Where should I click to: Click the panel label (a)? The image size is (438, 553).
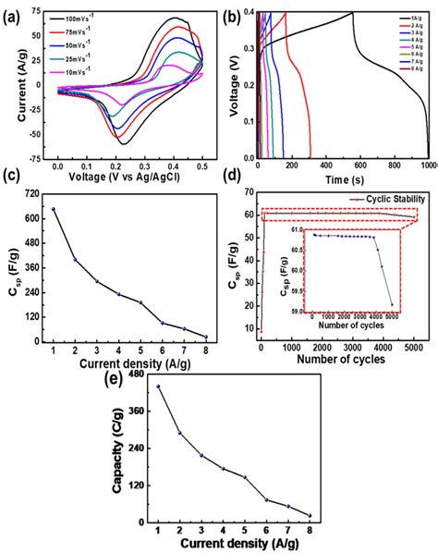click(x=12, y=10)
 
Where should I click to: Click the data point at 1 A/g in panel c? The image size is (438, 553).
click(x=54, y=209)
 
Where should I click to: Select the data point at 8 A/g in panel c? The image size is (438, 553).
click(x=205, y=337)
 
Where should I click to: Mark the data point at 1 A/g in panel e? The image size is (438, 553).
click(x=158, y=387)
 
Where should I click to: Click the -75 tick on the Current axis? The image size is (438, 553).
click(x=36, y=154)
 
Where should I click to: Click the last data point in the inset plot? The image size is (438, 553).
click(x=392, y=305)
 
